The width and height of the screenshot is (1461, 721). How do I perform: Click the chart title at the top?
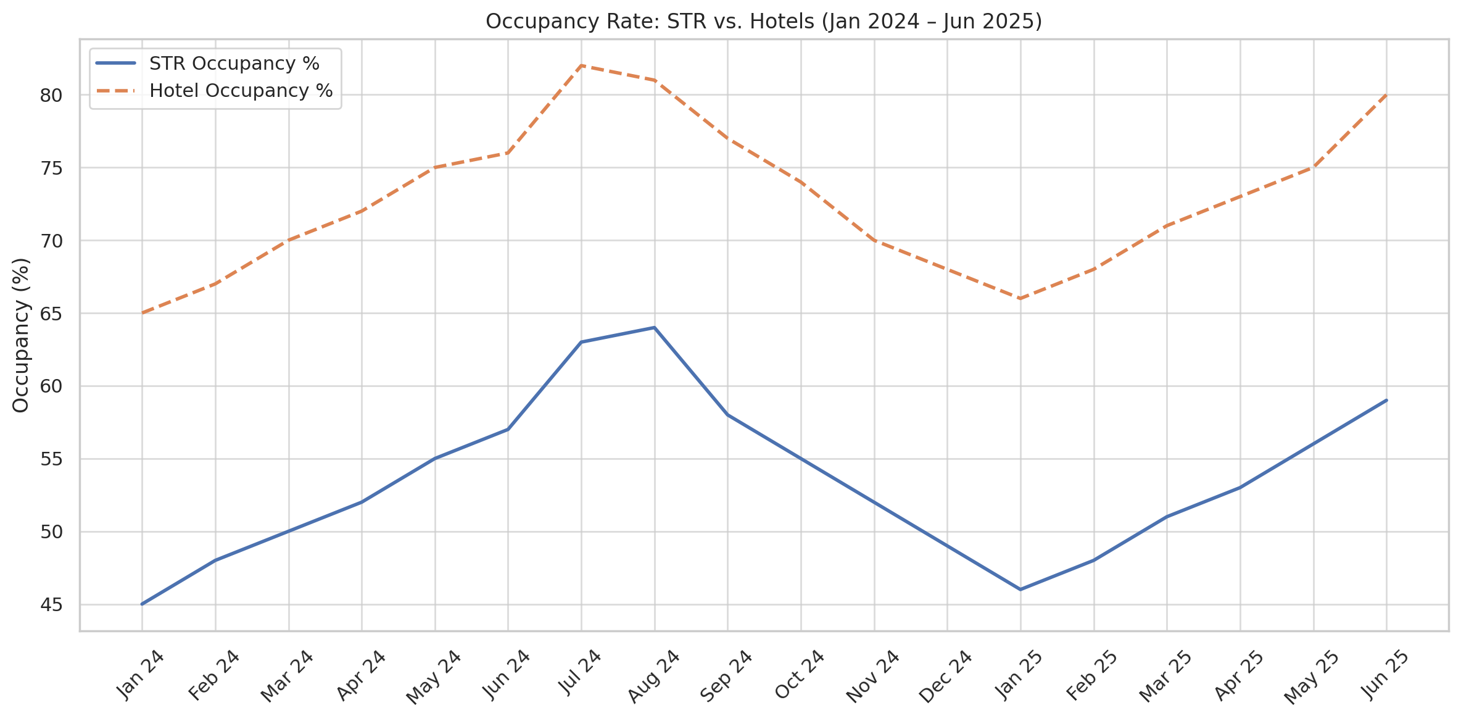coord(764,22)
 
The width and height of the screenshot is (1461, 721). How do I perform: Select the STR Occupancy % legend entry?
coord(234,64)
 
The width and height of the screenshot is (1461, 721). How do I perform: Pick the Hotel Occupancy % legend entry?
coord(241,91)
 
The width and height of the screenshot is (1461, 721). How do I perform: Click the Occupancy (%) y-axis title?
coord(21,335)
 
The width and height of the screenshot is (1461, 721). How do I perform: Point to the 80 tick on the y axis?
coord(52,96)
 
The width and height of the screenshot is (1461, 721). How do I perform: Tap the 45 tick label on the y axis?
coord(52,605)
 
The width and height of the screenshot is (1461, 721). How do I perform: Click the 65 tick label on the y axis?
coord(52,314)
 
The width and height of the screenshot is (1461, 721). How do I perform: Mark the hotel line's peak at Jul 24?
coord(581,65)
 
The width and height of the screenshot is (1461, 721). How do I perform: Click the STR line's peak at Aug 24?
coord(654,328)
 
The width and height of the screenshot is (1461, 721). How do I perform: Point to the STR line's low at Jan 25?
coord(1020,590)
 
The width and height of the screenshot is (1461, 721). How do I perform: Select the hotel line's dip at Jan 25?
coord(1020,299)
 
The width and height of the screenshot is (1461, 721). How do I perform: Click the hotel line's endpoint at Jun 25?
coord(1386,95)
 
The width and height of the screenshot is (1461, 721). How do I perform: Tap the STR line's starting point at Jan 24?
coord(142,604)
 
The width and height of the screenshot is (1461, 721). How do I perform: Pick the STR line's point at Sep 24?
coord(727,415)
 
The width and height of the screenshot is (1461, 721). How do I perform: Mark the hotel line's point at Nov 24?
coord(874,241)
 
